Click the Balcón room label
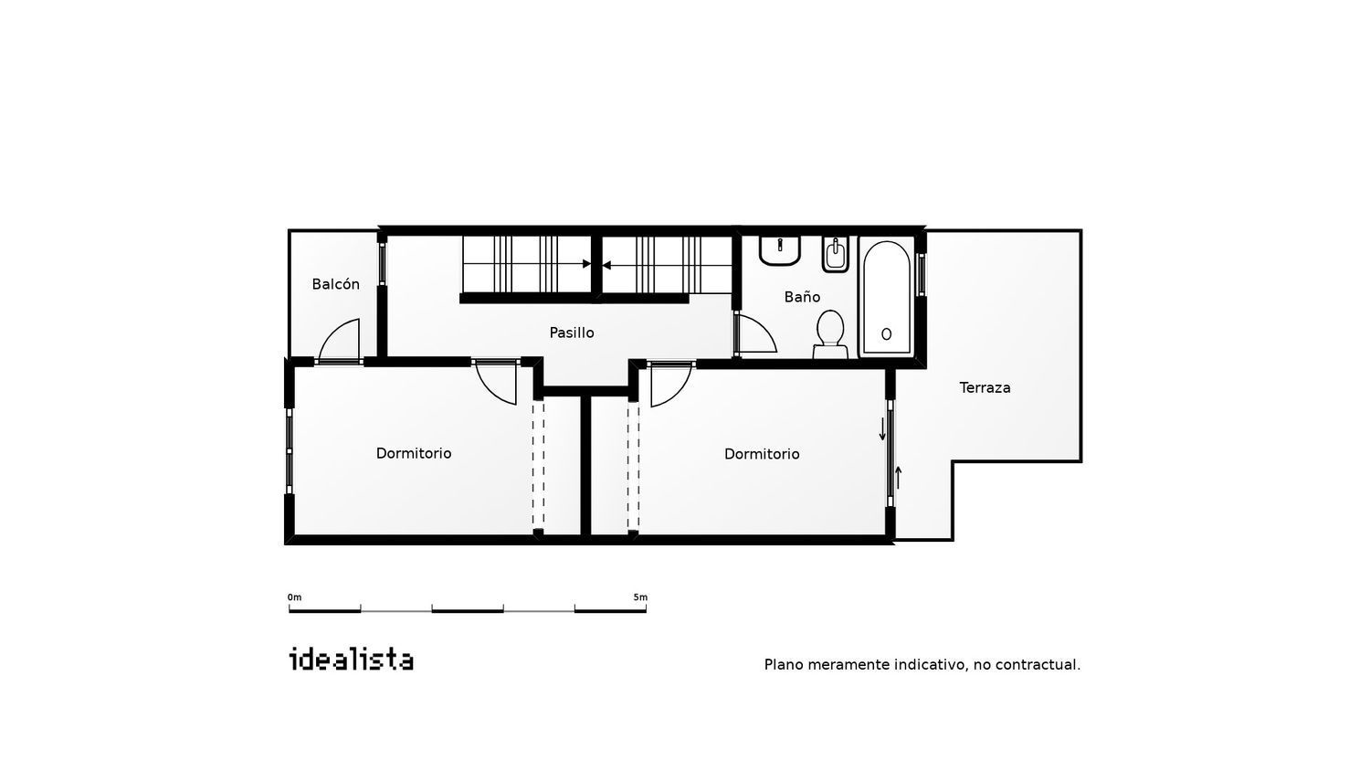click(335, 284)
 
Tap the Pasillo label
click(571, 333)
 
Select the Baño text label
click(802, 297)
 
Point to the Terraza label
click(985, 387)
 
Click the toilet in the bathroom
click(830, 334)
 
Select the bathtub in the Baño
click(886, 298)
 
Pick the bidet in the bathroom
click(835, 253)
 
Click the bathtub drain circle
click(886, 334)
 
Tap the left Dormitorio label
click(414, 453)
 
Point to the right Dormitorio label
click(762, 454)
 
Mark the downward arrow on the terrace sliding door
click(882, 429)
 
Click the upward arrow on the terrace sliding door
click(899, 477)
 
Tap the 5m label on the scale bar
click(640, 597)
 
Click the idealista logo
click(351, 659)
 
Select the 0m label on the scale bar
click(294, 597)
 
